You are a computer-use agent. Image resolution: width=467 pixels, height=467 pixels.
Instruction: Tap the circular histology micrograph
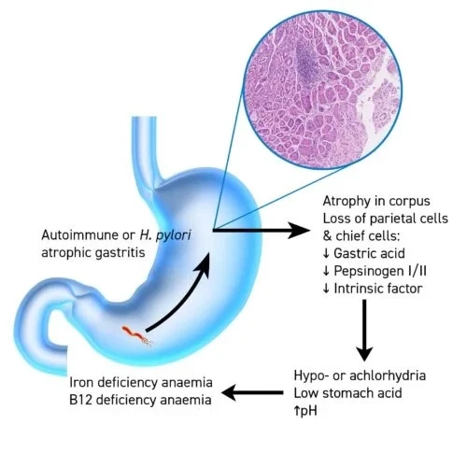coord(323,91)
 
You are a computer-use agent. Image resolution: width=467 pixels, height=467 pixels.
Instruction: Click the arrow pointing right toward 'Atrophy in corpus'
coord(262,231)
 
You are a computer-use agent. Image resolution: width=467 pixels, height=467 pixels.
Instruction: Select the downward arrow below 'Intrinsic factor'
coord(364,330)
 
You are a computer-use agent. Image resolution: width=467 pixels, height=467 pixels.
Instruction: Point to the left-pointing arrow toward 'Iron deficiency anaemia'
coord(252,392)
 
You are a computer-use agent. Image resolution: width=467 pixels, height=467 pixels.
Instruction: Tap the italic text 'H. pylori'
coord(165,235)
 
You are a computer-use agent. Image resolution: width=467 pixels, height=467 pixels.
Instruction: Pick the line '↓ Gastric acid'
coord(363,253)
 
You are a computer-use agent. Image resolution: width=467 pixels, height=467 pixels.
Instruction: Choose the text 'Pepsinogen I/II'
coord(380,271)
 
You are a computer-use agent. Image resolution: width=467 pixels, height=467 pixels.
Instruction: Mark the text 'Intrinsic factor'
coord(378,289)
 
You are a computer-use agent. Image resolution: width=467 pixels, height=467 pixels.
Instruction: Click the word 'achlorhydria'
coord(388,375)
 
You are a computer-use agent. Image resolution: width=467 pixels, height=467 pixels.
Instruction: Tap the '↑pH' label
coord(305,411)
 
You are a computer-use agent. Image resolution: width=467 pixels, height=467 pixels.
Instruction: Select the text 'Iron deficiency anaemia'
coord(141,382)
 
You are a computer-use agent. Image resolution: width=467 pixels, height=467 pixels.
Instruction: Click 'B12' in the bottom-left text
coord(80,400)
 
